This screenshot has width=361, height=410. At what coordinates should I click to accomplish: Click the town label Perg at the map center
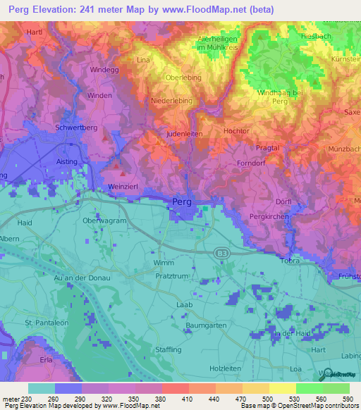pos(180,202)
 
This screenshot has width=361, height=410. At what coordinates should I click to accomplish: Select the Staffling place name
pos(169,349)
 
